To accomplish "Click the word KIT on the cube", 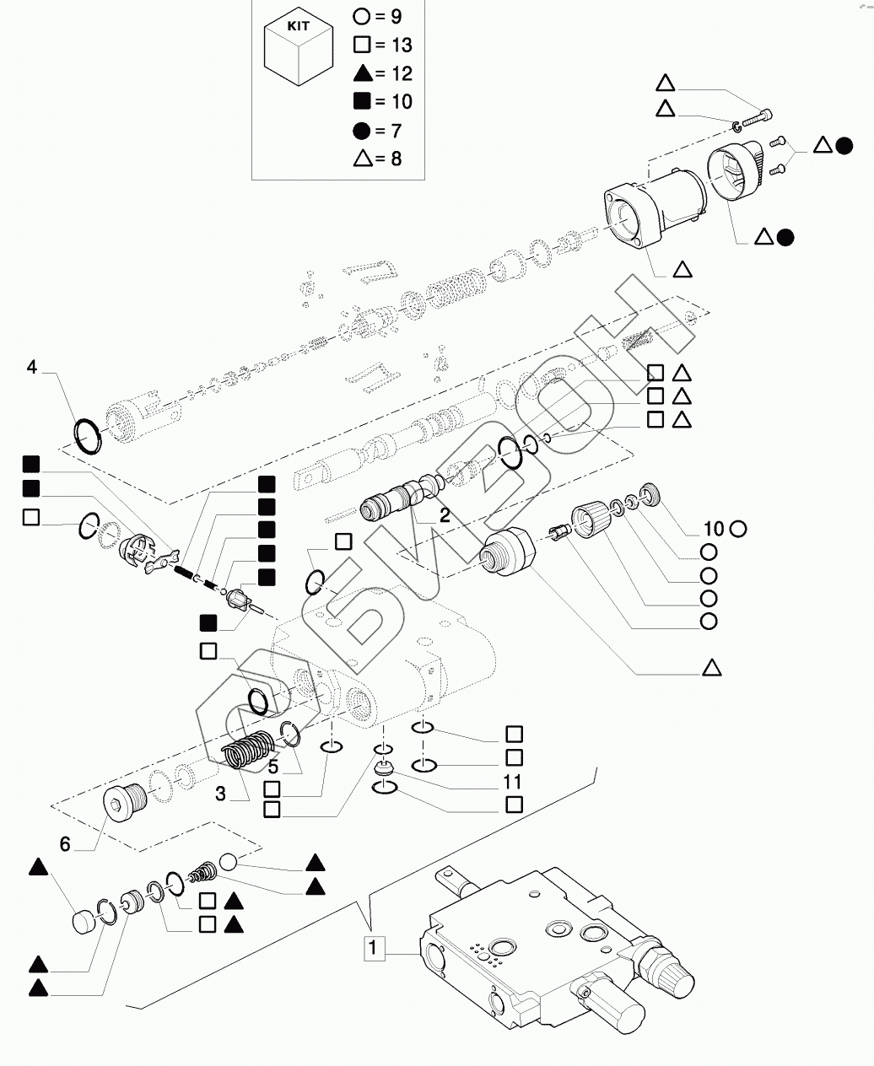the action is pyautogui.click(x=298, y=26).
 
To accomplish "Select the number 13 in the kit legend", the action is pyautogui.click(x=402, y=45).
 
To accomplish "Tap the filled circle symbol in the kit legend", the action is pyautogui.click(x=362, y=131).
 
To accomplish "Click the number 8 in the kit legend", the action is pyautogui.click(x=397, y=159).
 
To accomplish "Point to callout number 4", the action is pyautogui.click(x=32, y=367).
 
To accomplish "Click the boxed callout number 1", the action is pyautogui.click(x=373, y=947).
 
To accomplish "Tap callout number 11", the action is pyautogui.click(x=511, y=783).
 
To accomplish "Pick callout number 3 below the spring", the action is pyautogui.click(x=220, y=794).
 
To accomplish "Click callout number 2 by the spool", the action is pyautogui.click(x=445, y=515).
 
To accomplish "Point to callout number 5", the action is pyautogui.click(x=273, y=767).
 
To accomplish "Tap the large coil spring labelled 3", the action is pyautogui.click(x=248, y=749).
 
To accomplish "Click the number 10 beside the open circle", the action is pyautogui.click(x=715, y=529).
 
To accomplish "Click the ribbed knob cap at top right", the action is pyautogui.click(x=736, y=171).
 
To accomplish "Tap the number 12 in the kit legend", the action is pyautogui.click(x=402, y=74).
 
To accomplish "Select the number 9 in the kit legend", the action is pyautogui.click(x=397, y=17).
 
